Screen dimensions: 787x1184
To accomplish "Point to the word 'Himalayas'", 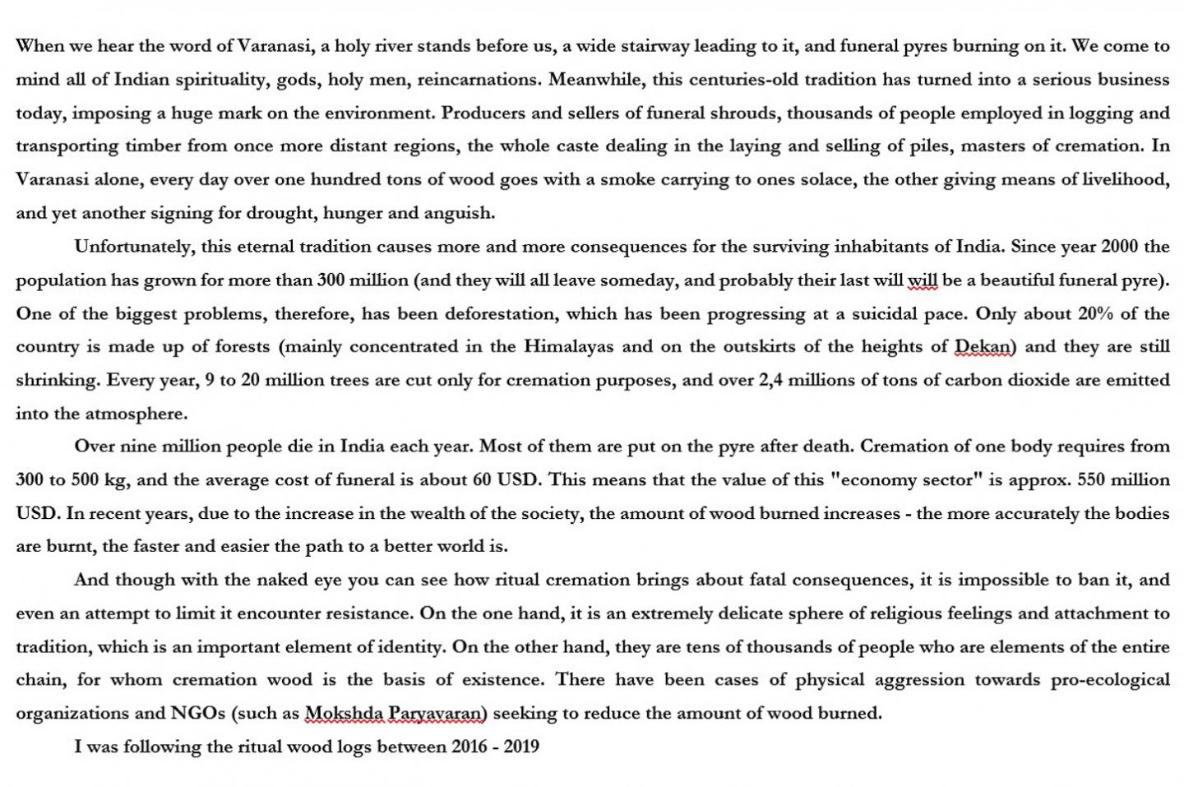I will tap(569, 346).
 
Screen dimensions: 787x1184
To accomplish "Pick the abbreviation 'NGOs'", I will tap(197, 713).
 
